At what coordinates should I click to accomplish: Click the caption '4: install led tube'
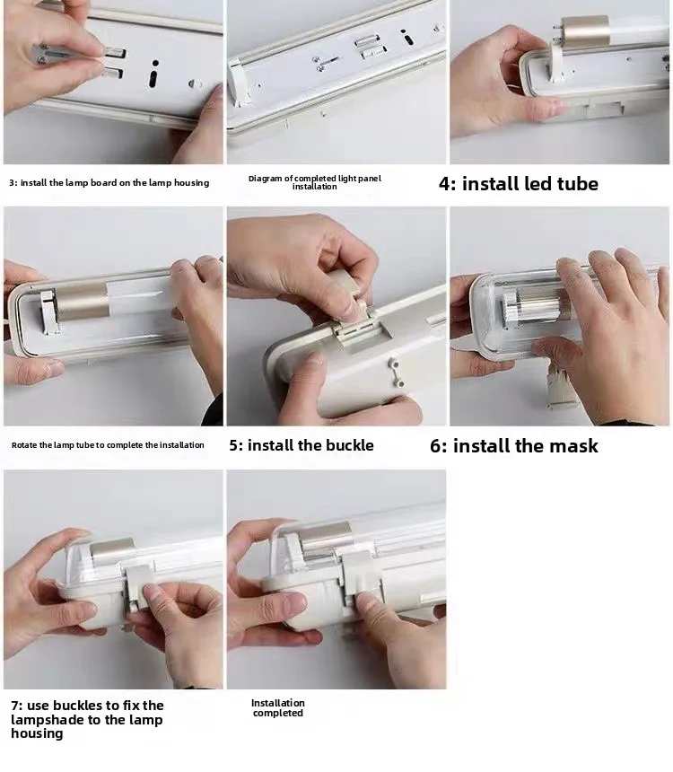(x=519, y=184)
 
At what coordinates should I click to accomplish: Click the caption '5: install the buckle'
(x=302, y=445)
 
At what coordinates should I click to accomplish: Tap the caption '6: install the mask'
(x=514, y=445)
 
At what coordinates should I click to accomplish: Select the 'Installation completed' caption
(x=277, y=708)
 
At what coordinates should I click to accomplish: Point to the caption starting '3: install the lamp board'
(x=109, y=182)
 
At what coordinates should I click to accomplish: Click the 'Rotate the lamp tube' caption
(x=108, y=445)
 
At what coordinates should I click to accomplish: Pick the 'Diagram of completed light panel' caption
(x=315, y=182)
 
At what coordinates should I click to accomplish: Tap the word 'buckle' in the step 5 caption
(x=350, y=445)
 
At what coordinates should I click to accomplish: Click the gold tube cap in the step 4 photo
(x=585, y=31)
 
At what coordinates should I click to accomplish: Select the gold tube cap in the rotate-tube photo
(x=82, y=301)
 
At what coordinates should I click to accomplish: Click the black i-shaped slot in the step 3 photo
(x=154, y=74)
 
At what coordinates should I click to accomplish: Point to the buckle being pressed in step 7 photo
(x=139, y=587)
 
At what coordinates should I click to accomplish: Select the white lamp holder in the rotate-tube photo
(x=48, y=312)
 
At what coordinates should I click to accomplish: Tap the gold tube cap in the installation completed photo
(x=327, y=540)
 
